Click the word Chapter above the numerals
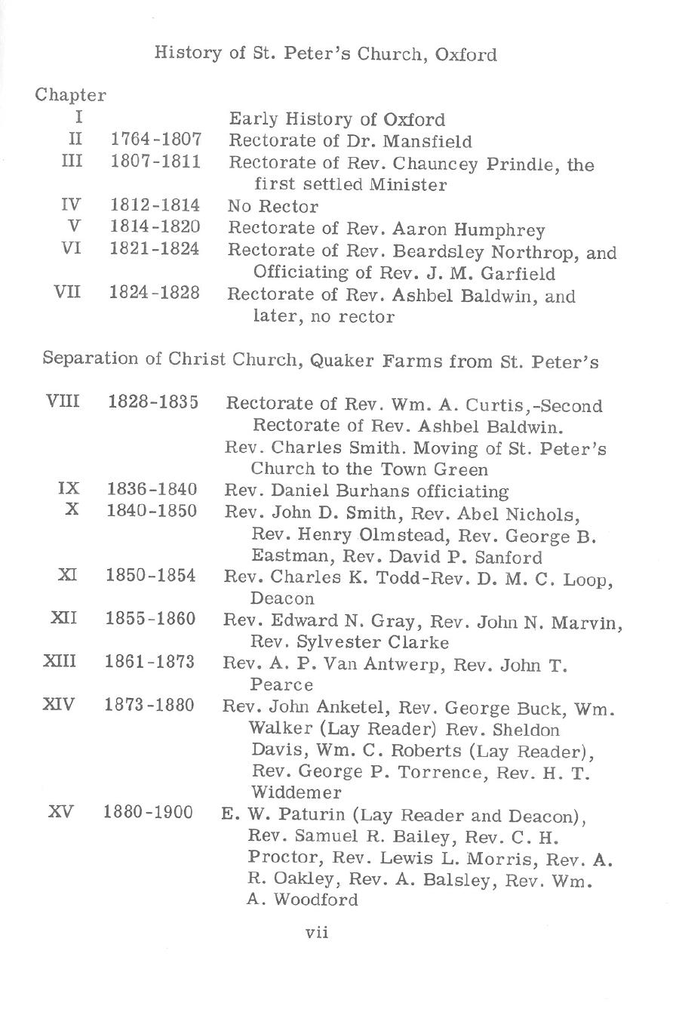[70, 96]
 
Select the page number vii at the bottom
[317, 933]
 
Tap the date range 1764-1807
[156, 140]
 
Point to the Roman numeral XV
[60, 813]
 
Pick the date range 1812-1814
[155, 205]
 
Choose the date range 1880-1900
[149, 813]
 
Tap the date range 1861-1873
[149, 663]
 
